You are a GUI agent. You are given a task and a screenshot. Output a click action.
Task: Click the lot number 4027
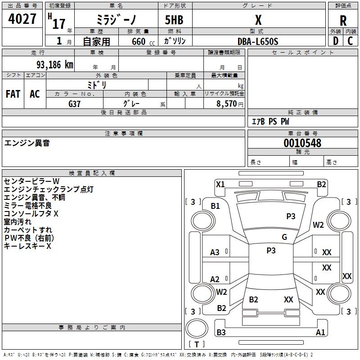click(x=22, y=19)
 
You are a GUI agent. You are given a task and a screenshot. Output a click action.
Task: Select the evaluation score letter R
click(x=343, y=20)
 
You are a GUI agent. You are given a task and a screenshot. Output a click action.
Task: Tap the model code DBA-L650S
click(x=258, y=41)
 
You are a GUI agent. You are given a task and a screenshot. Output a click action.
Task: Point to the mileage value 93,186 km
click(x=49, y=64)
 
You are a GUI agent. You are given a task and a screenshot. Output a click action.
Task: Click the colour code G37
click(x=74, y=103)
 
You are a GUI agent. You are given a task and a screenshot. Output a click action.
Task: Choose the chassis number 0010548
click(x=302, y=143)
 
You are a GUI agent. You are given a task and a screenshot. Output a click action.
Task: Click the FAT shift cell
click(x=13, y=94)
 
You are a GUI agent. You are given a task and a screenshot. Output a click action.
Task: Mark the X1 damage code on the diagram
click(x=220, y=184)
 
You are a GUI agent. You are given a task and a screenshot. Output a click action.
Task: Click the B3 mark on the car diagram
click(x=221, y=333)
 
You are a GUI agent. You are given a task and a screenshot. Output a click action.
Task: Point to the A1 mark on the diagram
click(x=320, y=333)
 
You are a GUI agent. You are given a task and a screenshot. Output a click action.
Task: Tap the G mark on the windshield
click(x=284, y=237)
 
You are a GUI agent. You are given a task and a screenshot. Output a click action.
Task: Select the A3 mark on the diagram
click(x=215, y=252)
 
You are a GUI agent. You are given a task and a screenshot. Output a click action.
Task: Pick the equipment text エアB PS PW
click(x=270, y=121)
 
